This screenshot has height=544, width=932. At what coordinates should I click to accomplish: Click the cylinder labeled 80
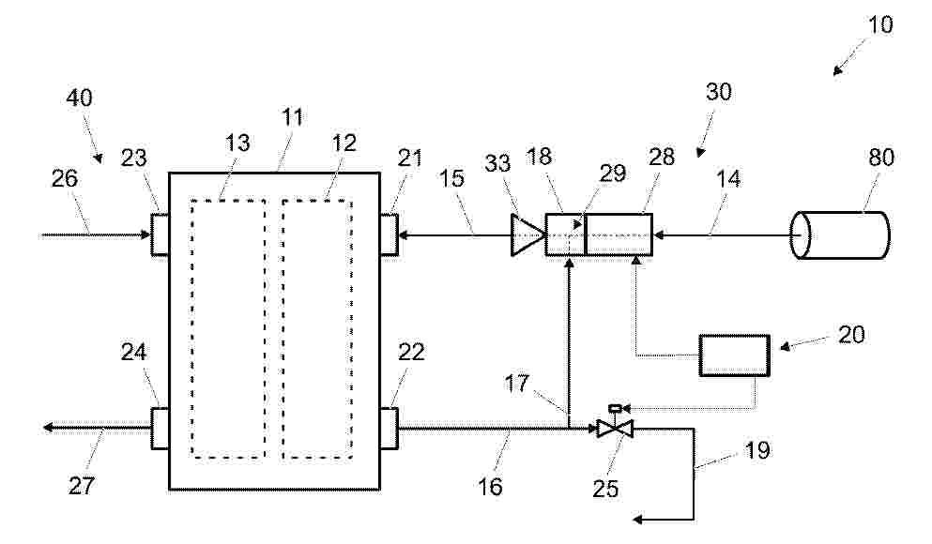pyautogui.click(x=839, y=235)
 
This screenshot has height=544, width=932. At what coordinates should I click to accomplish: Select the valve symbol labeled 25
pyautogui.click(x=615, y=428)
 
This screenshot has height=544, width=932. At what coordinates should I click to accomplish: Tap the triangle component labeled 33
pyautogui.click(x=527, y=235)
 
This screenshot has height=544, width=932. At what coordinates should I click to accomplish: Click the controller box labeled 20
pyautogui.click(x=734, y=355)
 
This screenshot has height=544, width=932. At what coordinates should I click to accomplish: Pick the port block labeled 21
pyautogui.click(x=390, y=234)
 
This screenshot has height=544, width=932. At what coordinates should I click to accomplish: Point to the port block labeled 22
pyautogui.click(x=390, y=428)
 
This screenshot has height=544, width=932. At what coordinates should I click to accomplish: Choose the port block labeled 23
pyautogui.click(x=160, y=234)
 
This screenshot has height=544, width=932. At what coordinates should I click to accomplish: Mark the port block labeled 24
pyautogui.click(x=160, y=428)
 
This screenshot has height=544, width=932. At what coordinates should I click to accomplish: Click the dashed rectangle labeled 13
pyautogui.click(x=191, y=328)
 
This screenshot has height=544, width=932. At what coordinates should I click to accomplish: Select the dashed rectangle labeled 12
pyautogui.click(x=282, y=328)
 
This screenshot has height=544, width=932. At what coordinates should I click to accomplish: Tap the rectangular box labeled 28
pyautogui.click(x=619, y=234)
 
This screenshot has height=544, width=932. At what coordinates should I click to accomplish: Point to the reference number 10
pyautogui.click(x=880, y=25)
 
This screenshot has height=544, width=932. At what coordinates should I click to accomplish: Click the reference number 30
pyautogui.click(x=719, y=92)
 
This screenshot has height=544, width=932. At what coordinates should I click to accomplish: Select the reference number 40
pyautogui.click(x=79, y=98)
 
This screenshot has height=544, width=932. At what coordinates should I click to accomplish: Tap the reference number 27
pyautogui.click(x=82, y=486)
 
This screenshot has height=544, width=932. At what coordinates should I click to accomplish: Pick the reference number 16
pyautogui.click(x=490, y=487)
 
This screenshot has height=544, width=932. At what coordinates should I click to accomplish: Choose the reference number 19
pyautogui.click(x=757, y=450)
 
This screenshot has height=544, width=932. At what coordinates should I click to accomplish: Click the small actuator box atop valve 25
pyautogui.click(x=615, y=408)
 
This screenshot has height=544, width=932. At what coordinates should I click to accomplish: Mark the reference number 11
pyautogui.click(x=292, y=117)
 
